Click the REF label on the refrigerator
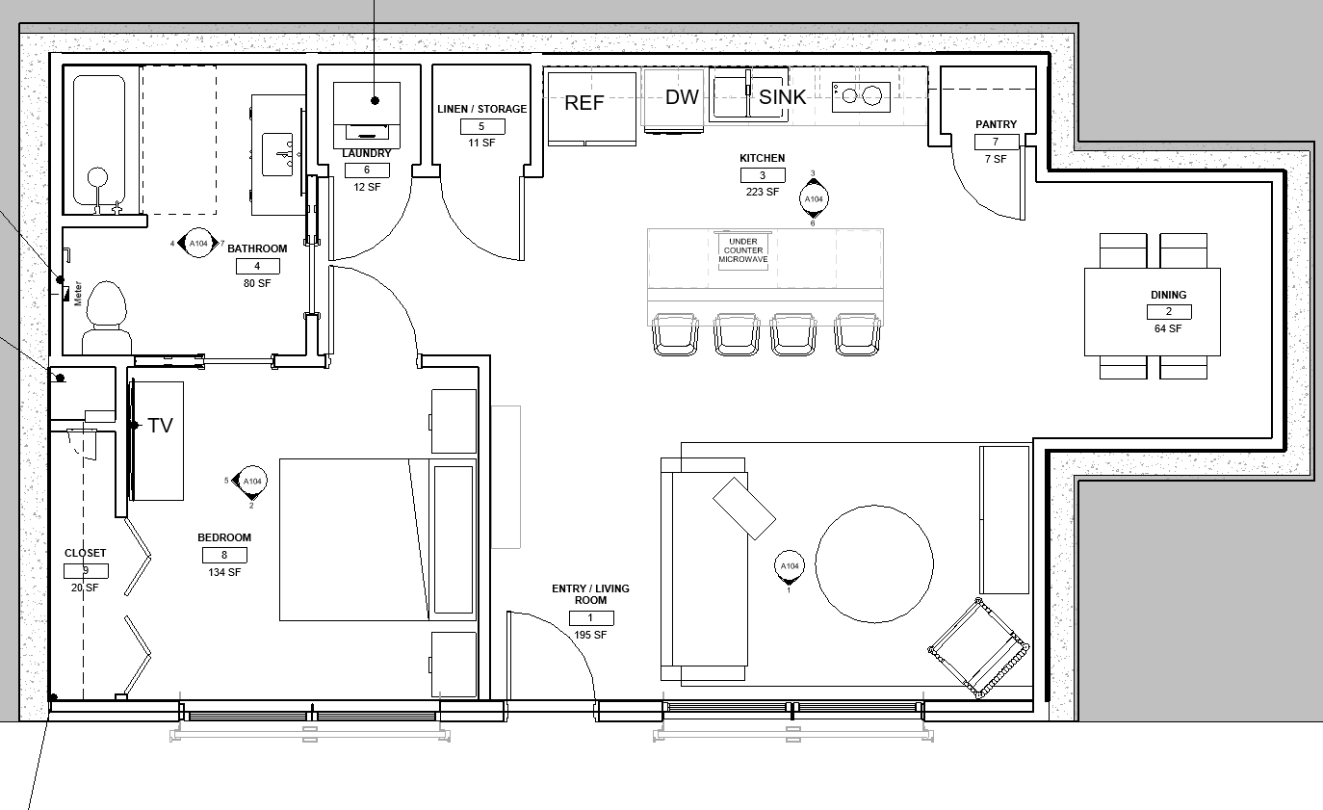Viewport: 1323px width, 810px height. click(x=584, y=103)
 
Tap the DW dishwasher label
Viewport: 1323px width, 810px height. click(x=682, y=97)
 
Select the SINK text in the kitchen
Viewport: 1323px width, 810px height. click(x=782, y=97)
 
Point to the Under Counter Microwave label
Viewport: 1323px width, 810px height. click(x=743, y=250)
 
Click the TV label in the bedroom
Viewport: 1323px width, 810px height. click(x=160, y=426)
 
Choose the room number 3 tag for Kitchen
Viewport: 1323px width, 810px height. click(x=763, y=175)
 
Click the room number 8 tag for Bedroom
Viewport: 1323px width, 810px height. click(x=224, y=556)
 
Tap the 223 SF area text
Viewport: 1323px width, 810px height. click(x=763, y=192)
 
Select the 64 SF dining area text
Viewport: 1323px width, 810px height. click(x=1168, y=328)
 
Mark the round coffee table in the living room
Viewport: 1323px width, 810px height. click(x=874, y=563)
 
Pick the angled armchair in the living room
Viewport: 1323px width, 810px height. click(x=978, y=648)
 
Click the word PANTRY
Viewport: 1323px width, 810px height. click(x=996, y=124)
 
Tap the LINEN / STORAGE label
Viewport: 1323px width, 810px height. click(x=482, y=109)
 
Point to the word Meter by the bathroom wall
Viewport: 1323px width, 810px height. click(x=78, y=294)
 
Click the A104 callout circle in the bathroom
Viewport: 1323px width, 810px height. click(x=198, y=244)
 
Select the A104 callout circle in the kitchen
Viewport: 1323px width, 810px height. click(x=814, y=199)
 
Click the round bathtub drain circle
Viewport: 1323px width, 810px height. click(x=97, y=177)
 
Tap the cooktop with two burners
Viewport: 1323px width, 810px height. click(x=861, y=96)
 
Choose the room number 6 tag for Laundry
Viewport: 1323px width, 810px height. click(x=367, y=170)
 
